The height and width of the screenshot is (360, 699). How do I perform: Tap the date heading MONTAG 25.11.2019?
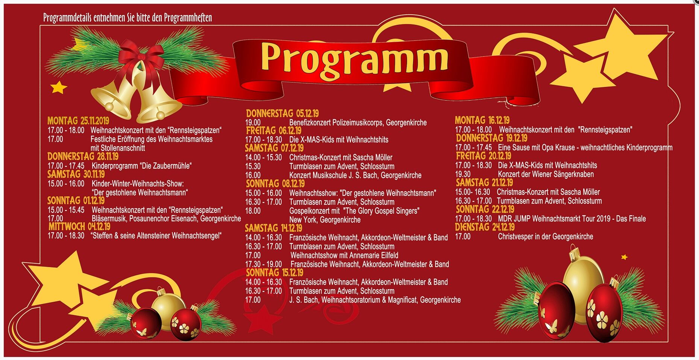78,121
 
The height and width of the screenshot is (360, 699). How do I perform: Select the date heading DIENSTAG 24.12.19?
485,227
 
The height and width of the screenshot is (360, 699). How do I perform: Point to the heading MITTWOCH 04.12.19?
79,226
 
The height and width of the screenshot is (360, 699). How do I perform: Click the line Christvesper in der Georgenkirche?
546,237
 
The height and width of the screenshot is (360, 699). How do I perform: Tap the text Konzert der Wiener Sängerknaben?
546,174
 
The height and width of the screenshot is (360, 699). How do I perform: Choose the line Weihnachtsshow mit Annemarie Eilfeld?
344,255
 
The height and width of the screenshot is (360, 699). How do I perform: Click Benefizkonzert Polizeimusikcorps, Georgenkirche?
358,123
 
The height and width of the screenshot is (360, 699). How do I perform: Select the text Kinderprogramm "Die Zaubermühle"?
142,166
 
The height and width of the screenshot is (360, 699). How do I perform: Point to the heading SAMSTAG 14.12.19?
274,228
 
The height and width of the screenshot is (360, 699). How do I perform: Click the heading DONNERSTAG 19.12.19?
492,138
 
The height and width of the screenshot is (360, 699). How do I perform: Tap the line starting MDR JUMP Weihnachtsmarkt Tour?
572,219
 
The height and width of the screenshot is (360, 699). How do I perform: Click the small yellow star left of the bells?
59,87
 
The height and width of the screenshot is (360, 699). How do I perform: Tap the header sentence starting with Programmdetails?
128,18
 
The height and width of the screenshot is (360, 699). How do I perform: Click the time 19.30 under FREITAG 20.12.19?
463,174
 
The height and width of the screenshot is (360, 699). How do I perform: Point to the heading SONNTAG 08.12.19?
275,184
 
